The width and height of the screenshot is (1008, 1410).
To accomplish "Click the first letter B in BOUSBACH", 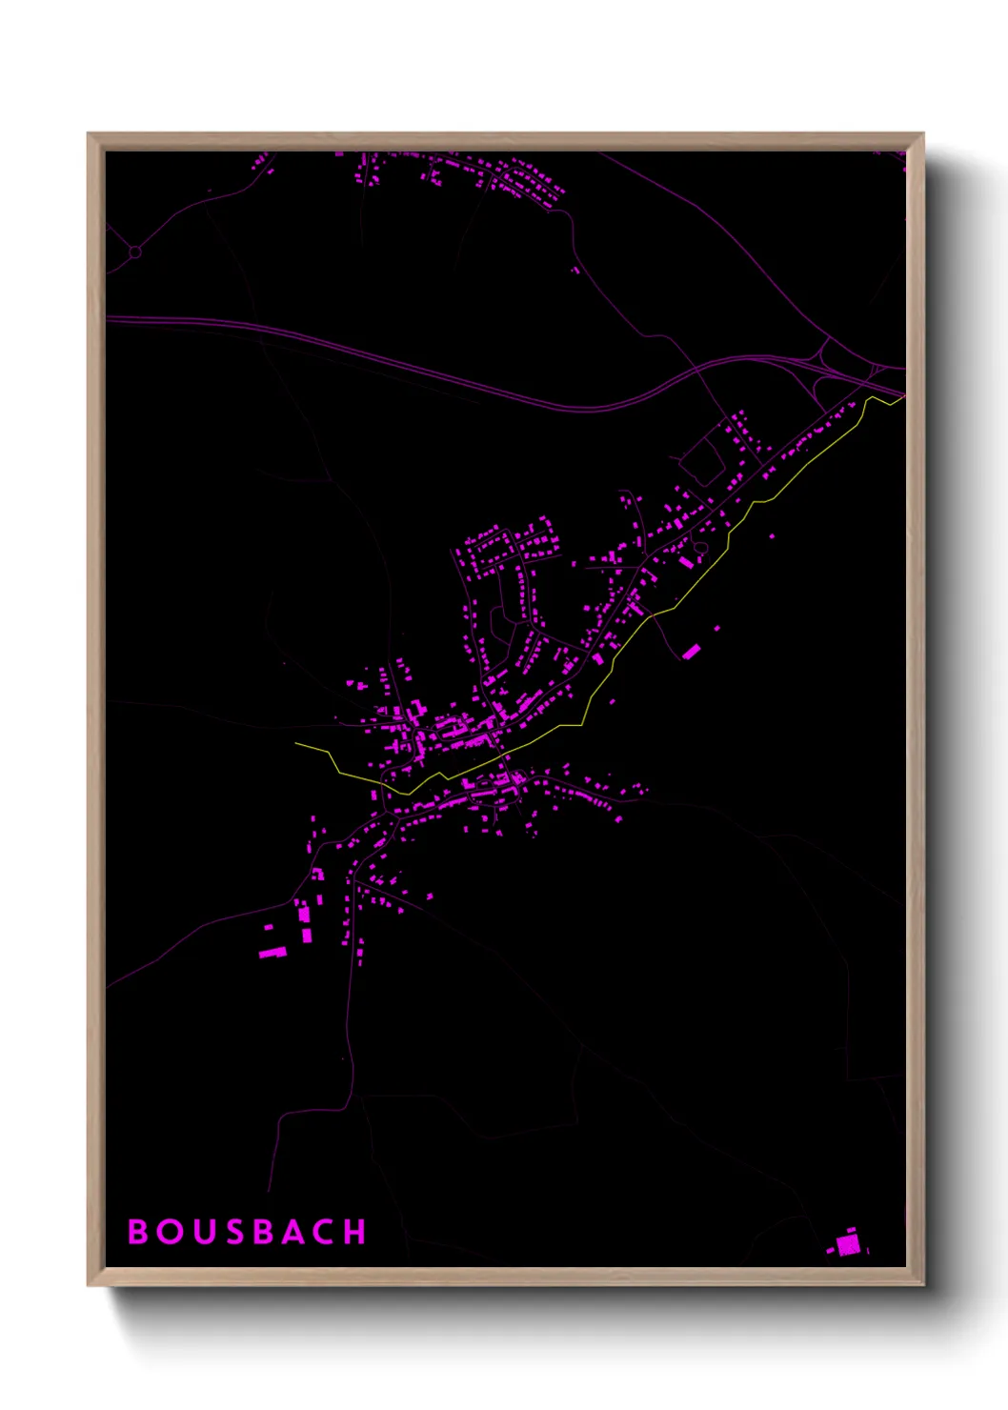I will click(138, 1232).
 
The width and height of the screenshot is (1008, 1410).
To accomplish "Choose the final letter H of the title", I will click(354, 1232).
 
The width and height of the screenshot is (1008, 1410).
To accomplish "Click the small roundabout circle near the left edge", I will click(135, 252).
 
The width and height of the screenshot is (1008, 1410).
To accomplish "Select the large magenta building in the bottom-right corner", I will click(847, 1244).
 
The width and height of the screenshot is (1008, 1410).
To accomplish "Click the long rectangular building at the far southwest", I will click(272, 952).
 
